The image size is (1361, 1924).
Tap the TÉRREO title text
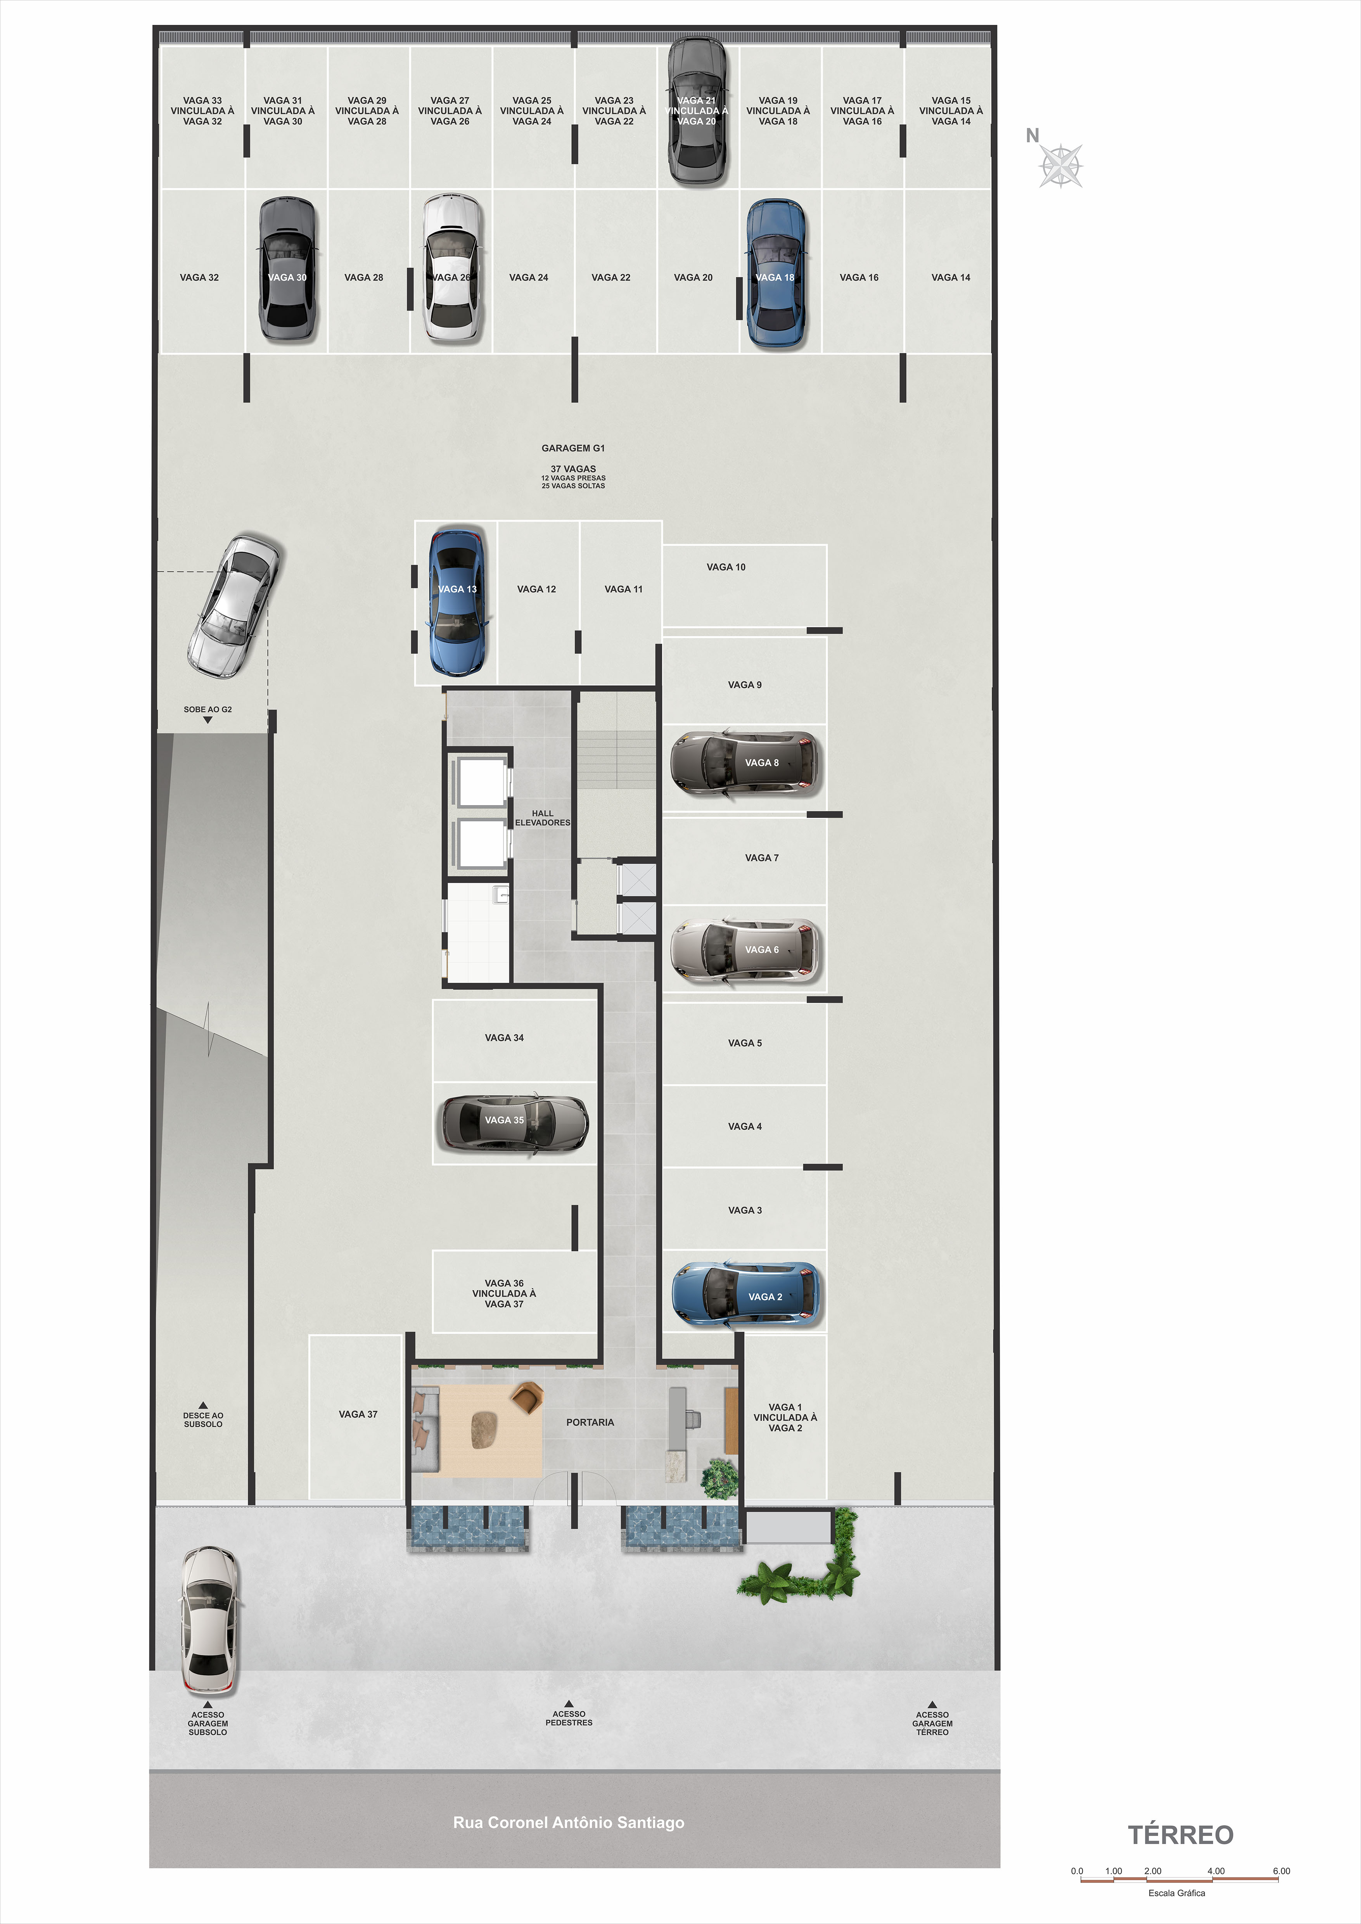1180,1834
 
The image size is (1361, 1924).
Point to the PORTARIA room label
590,1422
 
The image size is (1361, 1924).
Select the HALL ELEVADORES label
542,818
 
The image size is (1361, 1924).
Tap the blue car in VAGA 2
746,1295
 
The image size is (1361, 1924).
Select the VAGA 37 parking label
358,1414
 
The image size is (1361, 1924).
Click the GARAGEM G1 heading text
573,448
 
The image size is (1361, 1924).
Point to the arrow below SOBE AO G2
208,720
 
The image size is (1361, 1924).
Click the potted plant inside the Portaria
720,1478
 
